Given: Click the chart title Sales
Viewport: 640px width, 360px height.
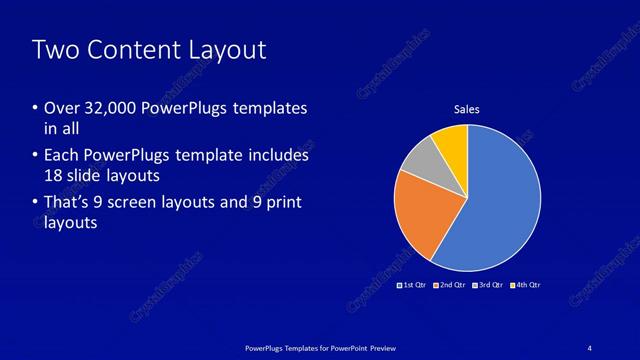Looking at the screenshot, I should pos(468,107).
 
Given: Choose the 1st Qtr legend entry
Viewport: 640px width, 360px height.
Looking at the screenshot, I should pos(412,285).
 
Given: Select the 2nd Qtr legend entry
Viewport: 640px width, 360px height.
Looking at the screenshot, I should pos(449,285).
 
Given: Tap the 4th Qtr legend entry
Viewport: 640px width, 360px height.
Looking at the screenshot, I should pos(524,285).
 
